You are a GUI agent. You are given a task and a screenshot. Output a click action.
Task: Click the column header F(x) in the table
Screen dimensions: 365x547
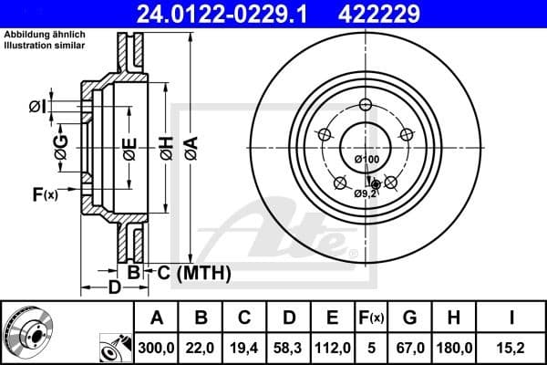pos(371,318)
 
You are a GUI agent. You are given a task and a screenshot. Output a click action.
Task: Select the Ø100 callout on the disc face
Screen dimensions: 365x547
pos(366,160)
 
